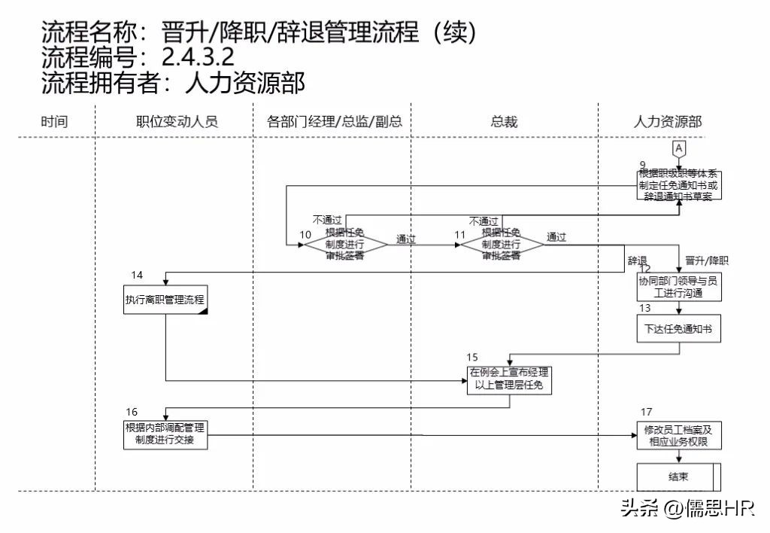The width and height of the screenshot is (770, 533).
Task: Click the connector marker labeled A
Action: pyautogui.click(x=678, y=149)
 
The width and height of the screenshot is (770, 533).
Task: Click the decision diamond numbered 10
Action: pyautogui.click(x=344, y=245)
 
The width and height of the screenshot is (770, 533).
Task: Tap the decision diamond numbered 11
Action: pyautogui.click(x=502, y=245)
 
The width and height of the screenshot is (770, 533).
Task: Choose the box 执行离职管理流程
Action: pyautogui.click(x=165, y=300)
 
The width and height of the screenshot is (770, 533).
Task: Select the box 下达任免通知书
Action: pyautogui.click(x=678, y=329)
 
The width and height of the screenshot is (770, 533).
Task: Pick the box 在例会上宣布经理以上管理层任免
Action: pyautogui.click(x=510, y=379)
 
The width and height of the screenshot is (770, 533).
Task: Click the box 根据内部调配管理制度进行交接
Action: pyautogui.click(x=165, y=434)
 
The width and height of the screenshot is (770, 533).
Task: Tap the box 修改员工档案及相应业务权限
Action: pyautogui.click(x=678, y=436)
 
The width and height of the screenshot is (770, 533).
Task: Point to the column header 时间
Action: pyautogui.click(x=54, y=121)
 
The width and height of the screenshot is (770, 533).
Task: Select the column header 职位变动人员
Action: pyautogui.click(x=177, y=121)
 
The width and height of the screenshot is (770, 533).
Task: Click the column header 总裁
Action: pyautogui.click(x=504, y=121)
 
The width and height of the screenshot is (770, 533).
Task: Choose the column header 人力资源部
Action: pyautogui.click(x=668, y=121)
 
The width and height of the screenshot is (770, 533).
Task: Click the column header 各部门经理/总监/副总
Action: pyautogui.click(x=335, y=121)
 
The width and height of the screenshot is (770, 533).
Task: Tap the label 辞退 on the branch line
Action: pyautogui.click(x=638, y=261)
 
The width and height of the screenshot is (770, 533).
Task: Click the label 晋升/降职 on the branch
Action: pyautogui.click(x=707, y=261)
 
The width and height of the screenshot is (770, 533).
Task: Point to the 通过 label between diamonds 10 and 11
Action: pyautogui.click(x=406, y=239)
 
